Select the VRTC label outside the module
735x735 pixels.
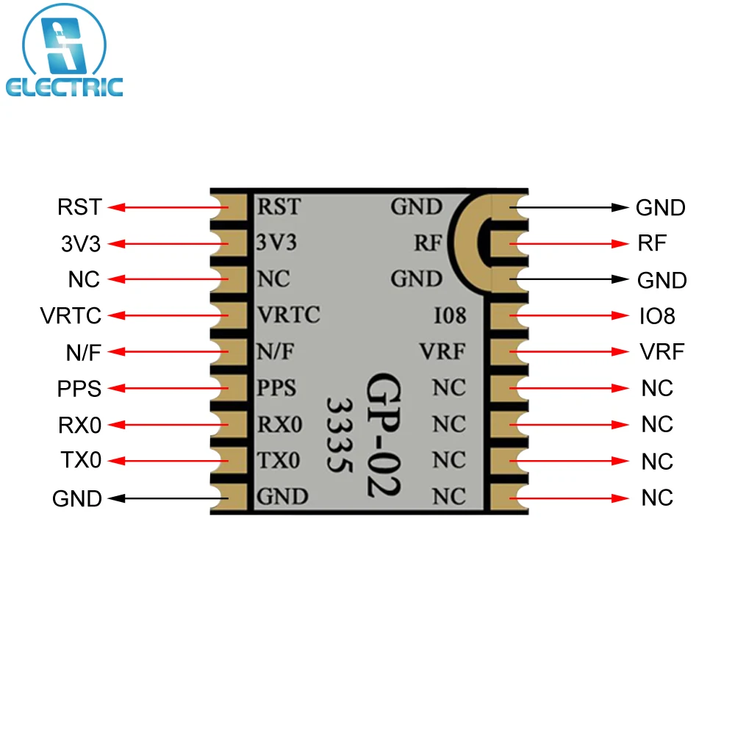tap(71, 315)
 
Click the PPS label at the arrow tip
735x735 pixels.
tap(79, 388)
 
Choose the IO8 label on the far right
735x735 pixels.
tap(657, 316)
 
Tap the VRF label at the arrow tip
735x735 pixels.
tap(661, 352)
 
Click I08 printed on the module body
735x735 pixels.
tap(450, 316)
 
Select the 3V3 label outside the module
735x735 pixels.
tap(80, 243)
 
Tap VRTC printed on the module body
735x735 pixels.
tap(288, 315)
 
